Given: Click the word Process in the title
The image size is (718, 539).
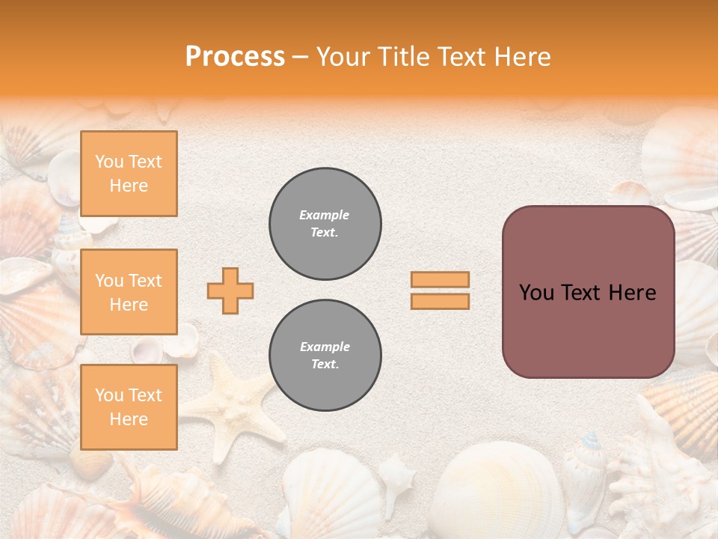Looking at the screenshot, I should (235, 57).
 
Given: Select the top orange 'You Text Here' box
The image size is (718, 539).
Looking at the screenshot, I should (129, 174).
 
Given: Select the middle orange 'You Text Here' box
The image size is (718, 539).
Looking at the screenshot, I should (129, 292).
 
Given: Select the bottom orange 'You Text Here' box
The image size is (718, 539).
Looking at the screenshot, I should (129, 407).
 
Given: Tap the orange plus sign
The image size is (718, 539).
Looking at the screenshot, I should (230, 290).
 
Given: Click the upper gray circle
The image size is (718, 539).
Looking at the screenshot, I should (325, 224).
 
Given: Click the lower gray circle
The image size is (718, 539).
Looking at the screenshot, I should (325, 356).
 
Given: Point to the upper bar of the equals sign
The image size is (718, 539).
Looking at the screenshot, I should (440, 280).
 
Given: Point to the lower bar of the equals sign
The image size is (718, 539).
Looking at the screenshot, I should (440, 301).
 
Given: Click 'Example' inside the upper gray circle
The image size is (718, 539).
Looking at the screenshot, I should (324, 215).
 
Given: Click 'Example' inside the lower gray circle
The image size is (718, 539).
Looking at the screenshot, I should (325, 347).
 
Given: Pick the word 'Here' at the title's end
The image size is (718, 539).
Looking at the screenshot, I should (523, 57).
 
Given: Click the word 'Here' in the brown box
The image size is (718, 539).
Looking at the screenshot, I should (632, 293).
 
